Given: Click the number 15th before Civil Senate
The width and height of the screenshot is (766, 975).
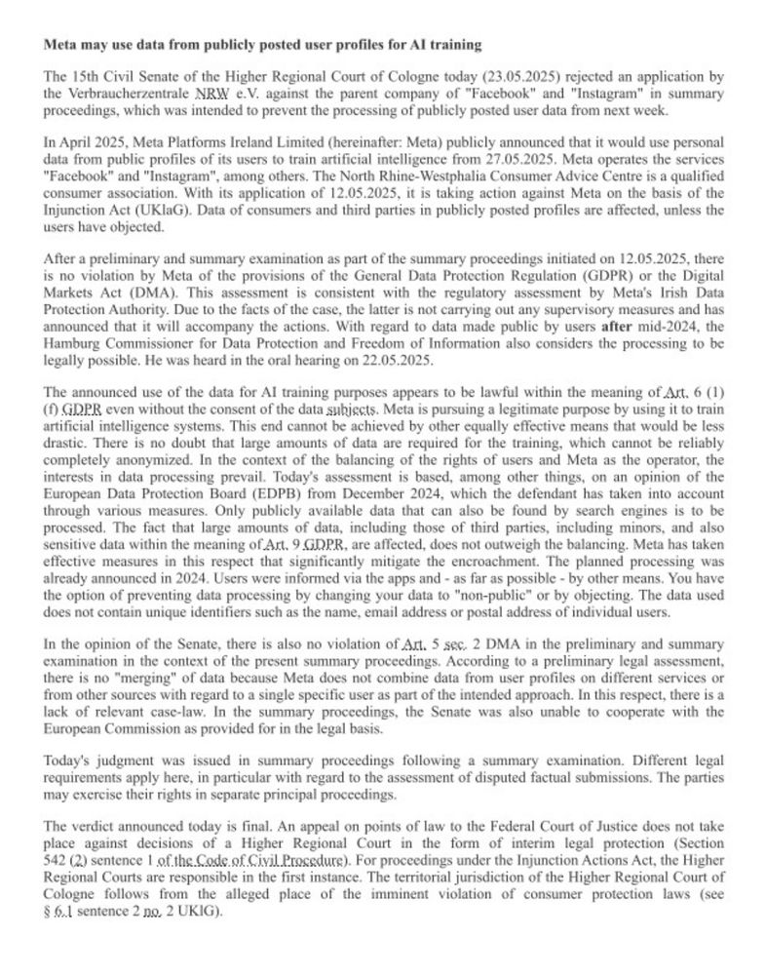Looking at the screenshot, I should click(x=88, y=76).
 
